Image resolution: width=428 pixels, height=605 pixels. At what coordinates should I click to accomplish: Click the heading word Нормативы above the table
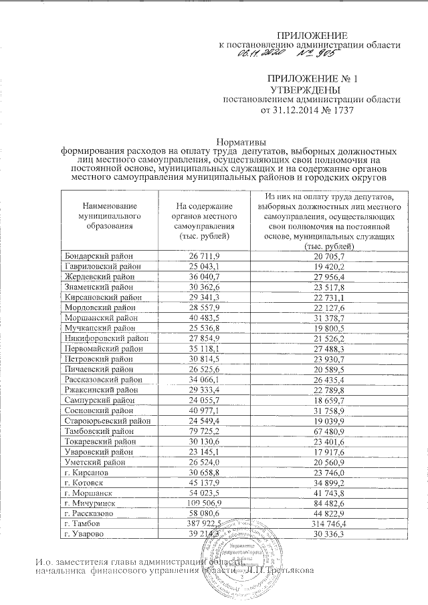tap(243, 142)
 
